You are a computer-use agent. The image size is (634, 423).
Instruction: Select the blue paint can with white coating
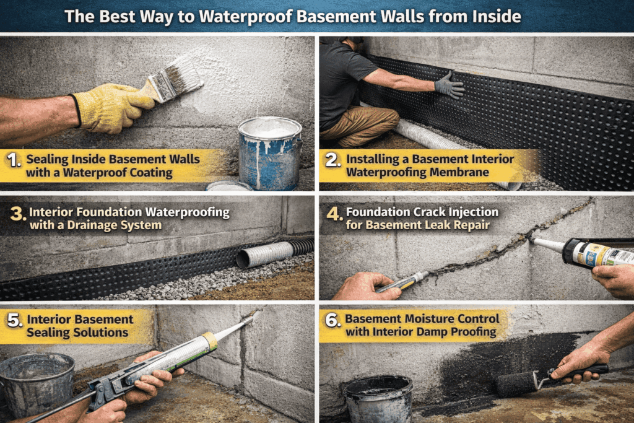(x=269, y=152)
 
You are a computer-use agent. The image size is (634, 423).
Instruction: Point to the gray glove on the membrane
(x=449, y=85)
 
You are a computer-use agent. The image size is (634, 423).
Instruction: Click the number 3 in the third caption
(x=17, y=214)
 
